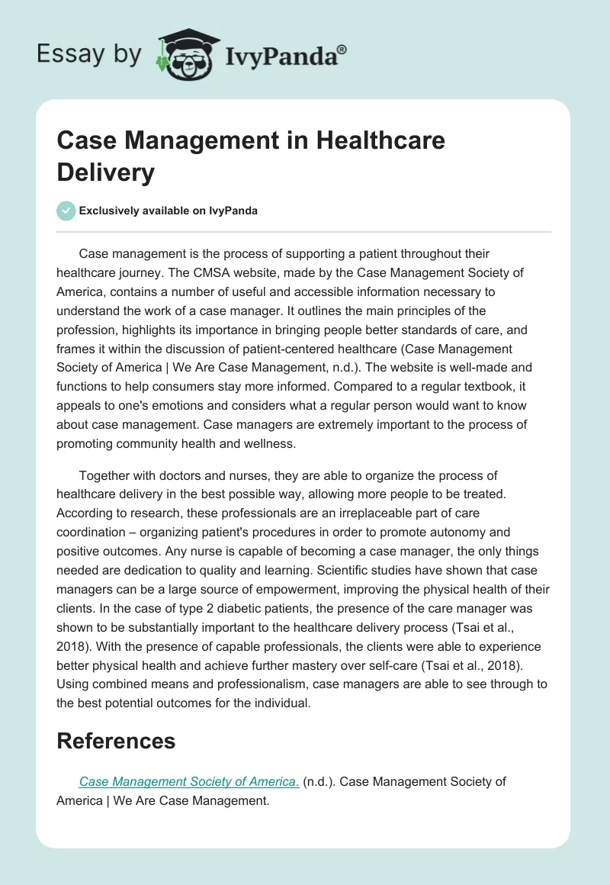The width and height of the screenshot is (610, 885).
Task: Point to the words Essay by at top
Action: point(89,55)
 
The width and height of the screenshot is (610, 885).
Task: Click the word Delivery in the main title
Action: point(105,172)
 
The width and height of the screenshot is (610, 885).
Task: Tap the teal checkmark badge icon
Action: point(66,211)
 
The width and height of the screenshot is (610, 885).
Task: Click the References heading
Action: point(116,741)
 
